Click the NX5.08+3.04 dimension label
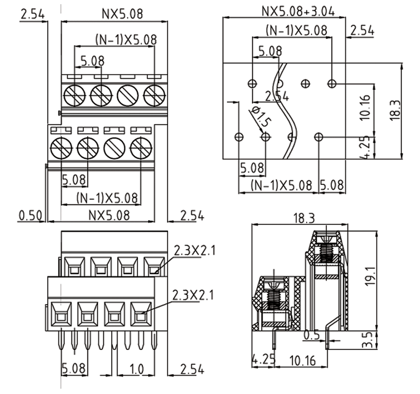(x=298, y=10)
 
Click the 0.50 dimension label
(x=30, y=216)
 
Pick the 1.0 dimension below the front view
(x=137, y=369)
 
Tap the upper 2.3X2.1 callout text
(x=194, y=251)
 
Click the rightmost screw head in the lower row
(x=140, y=149)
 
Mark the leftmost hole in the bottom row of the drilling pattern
(x=239, y=137)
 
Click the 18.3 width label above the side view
(x=304, y=217)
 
